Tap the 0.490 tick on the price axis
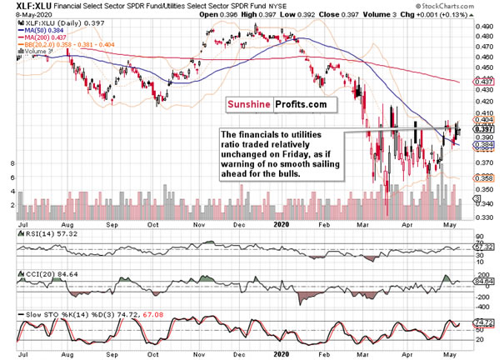tap(482, 27)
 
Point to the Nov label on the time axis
tap(200, 222)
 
